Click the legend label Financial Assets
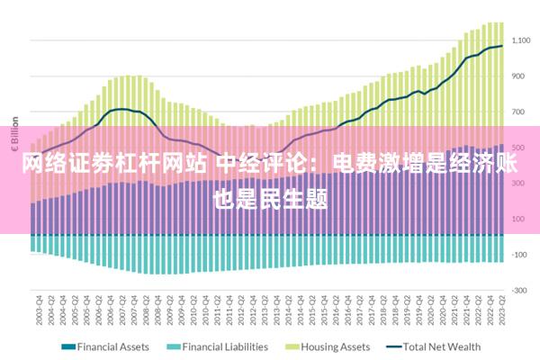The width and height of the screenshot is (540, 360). tap(113, 346)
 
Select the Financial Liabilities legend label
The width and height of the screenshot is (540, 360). tap(224, 346)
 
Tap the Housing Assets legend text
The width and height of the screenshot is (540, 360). tap(336, 346)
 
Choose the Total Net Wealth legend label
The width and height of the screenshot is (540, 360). tap(441, 346)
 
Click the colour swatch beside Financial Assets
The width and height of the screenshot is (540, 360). tap(67, 346)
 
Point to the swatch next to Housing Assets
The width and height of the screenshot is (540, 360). tap(292, 346)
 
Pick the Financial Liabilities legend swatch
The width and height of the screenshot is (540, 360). tap(174, 346)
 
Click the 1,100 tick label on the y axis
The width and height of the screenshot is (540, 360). tap(522, 40)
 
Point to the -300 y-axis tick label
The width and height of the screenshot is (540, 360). tap(519, 290)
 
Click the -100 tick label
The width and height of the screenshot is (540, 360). tap(519, 254)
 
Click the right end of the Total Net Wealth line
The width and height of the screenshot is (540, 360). tap(501, 46)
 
